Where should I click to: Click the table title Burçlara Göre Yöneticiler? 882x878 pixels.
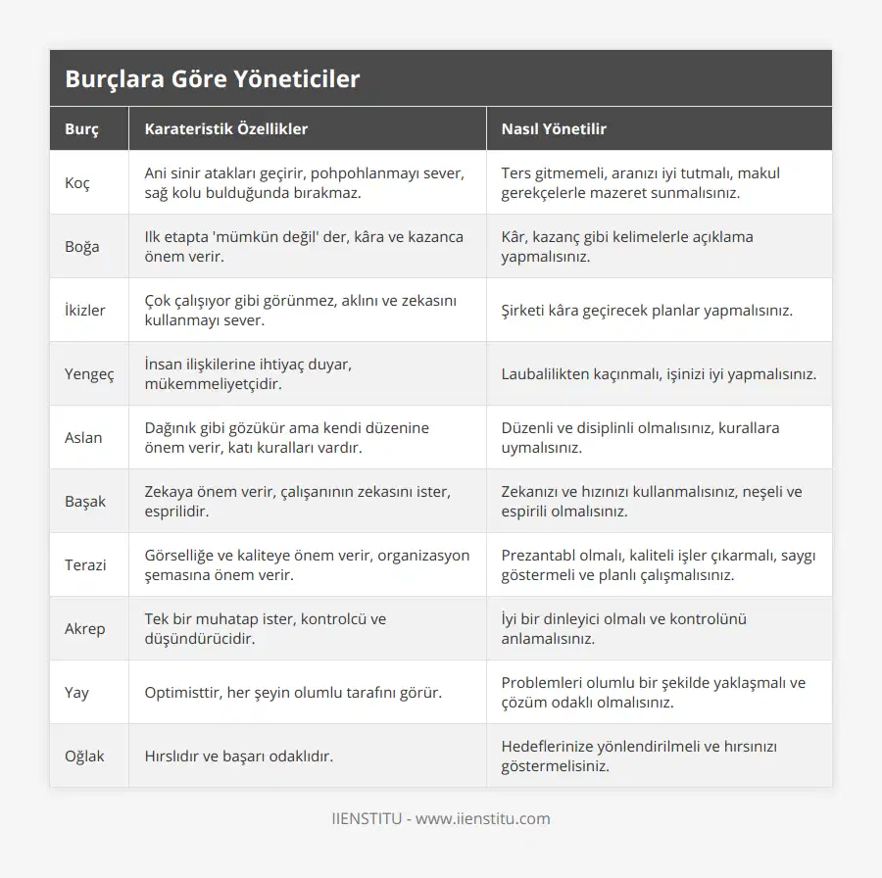pos(213,79)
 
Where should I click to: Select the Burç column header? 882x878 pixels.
pos(81,128)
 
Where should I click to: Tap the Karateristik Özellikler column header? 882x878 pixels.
pos(226,128)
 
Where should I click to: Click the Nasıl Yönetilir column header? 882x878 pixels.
pos(554,128)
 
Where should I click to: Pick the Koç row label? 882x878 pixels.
pos(77,183)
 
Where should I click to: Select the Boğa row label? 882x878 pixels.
pos(82,247)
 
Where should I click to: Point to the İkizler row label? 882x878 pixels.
pos(85,311)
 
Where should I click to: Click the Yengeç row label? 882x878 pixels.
pos(89,374)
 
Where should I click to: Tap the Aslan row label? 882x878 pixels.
pos(83,438)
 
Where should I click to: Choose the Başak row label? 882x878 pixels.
pos(85,502)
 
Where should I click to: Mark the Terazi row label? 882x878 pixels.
pos(86,565)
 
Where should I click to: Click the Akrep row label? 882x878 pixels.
pos(85,629)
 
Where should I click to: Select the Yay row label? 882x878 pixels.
pos(77,693)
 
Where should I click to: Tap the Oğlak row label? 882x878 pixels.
pos(85,756)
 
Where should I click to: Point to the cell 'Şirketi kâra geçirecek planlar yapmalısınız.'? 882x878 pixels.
pos(647,311)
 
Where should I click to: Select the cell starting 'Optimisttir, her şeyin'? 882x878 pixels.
pos(293,693)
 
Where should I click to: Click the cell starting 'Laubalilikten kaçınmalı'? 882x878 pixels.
pos(659,374)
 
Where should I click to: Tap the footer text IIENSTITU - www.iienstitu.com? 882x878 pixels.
pos(441,818)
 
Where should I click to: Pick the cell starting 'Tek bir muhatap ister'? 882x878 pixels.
pos(266,629)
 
